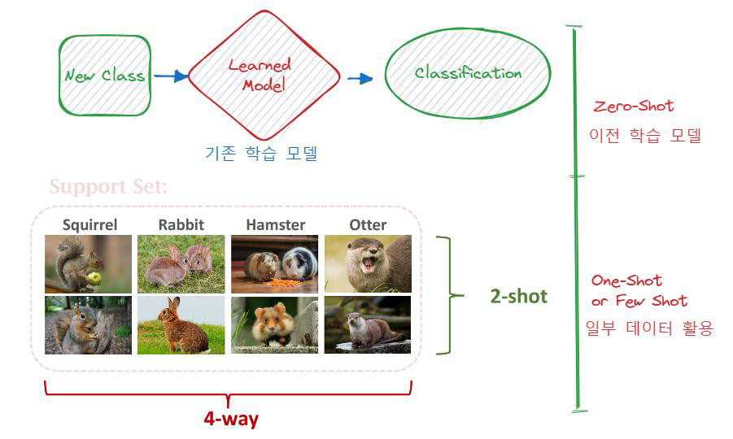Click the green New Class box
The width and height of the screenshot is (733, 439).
click(x=105, y=76)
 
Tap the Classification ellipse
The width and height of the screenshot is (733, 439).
click(x=467, y=73)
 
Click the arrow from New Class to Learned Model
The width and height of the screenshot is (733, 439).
click(x=170, y=76)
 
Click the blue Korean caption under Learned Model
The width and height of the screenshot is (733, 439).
click(x=260, y=153)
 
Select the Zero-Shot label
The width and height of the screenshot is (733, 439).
click(x=634, y=106)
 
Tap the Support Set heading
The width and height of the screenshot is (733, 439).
click(x=108, y=187)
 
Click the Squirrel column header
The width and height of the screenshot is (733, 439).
click(x=89, y=224)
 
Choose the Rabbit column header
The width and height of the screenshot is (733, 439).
click(x=181, y=224)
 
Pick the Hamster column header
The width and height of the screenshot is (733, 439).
click(x=276, y=224)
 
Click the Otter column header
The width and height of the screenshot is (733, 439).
click(x=368, y=224)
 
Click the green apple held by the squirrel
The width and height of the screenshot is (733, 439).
click(x=94, y=278)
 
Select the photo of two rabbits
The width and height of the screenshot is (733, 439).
click(x=181, y=263)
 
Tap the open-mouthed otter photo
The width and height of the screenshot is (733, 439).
click(x=368, y=263)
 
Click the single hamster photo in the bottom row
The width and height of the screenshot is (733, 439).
click(x=274, y=324)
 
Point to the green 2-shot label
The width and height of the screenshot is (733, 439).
click(x=518, y=296)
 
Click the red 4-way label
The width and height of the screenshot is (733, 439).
click(x=231, y=419)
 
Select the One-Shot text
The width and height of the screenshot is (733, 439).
click(x=626, y=280)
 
